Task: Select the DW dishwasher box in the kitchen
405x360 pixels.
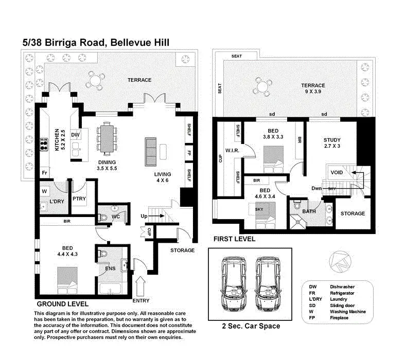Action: coord(75,135)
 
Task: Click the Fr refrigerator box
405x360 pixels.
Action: coord(45,173)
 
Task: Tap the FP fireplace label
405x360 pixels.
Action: coord(189,153)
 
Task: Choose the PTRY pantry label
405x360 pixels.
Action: coord(79,198)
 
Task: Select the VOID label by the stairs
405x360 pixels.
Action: coord(337,172)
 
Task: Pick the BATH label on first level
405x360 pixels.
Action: coord(309,211)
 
